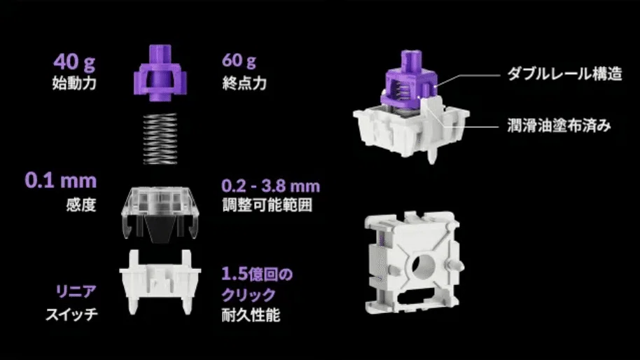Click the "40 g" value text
(74, 62)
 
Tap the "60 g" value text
(239, 61)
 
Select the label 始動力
(74, 83)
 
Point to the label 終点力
(244, 83)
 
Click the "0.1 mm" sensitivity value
(61, 181)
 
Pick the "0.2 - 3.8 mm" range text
(270, 186)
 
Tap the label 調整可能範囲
(267, 205)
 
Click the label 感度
(81, 205)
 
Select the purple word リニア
(76, 291)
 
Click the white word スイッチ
(72, 314)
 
